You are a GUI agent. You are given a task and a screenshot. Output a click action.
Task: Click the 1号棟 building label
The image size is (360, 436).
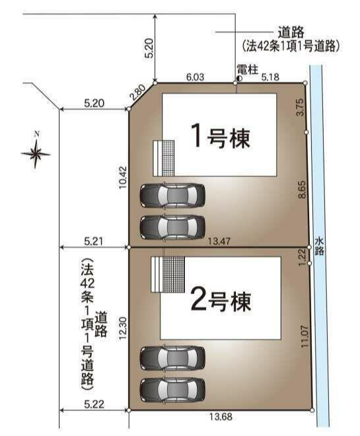tap(221, 138)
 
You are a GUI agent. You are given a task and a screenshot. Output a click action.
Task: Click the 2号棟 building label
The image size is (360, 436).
tap(221, 302)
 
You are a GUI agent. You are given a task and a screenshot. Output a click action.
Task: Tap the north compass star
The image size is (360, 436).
tap(36, 153)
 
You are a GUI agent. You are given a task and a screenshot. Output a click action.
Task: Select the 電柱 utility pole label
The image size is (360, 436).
tap(248, 69)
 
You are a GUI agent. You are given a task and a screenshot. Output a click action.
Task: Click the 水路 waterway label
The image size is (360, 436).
tap(320, 246)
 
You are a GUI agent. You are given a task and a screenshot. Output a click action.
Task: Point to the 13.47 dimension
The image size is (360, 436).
tap(219, 241)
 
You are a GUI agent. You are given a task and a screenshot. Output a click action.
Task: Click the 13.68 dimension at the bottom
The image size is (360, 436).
tap(221, 417)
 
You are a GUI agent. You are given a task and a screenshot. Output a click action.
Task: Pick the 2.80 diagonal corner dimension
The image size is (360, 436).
tap(138, 92)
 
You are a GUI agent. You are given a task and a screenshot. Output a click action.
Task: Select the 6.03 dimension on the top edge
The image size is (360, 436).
tap(195, 77)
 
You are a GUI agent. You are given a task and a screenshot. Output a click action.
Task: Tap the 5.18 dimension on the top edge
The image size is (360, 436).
tap(270, 77)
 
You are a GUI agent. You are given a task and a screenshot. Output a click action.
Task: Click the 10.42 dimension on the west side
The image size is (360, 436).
tap(123, 178)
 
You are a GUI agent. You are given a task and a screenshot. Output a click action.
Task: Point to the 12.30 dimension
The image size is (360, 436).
tap(123, 328)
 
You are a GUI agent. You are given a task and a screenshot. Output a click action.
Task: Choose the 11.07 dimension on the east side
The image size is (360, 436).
tap(305, 336)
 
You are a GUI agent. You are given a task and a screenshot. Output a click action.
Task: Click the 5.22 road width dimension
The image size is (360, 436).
tap(94, 404)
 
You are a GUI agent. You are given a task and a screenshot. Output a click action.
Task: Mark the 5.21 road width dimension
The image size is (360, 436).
tap(94, 241)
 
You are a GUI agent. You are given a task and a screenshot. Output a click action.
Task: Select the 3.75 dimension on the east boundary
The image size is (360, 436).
tap(301, 108)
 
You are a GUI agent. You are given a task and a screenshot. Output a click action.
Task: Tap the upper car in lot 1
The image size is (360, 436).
tap(172, 195)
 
